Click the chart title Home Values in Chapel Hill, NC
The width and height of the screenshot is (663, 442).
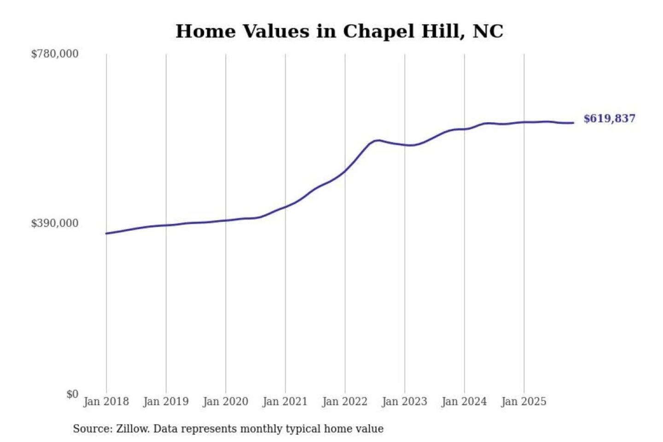tap(339, 31)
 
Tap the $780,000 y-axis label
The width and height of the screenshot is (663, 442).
tap(55, 54)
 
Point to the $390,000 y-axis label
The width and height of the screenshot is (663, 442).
tap(55, 223)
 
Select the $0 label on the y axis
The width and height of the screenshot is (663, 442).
tap(72, 394)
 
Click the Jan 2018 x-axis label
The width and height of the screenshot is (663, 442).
tap(106, 401)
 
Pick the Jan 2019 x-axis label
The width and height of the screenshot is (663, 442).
tap(166, 401)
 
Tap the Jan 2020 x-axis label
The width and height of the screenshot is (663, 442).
tap(226, 401)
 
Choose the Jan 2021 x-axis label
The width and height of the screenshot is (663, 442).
tap(285, 401)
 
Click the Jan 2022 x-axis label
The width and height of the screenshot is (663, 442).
tap(345, 401)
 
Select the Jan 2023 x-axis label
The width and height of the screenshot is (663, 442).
tap(405, 401)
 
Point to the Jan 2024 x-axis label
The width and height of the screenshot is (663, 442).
tap(464, 401)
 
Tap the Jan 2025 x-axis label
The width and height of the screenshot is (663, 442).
tap(524, 401)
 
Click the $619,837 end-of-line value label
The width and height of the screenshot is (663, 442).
tap(609, 119)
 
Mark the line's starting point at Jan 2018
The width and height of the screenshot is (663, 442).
tap(106, 233)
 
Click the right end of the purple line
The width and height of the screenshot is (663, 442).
tap(573, 123)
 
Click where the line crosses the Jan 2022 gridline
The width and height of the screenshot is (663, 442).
tap(345, 171)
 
